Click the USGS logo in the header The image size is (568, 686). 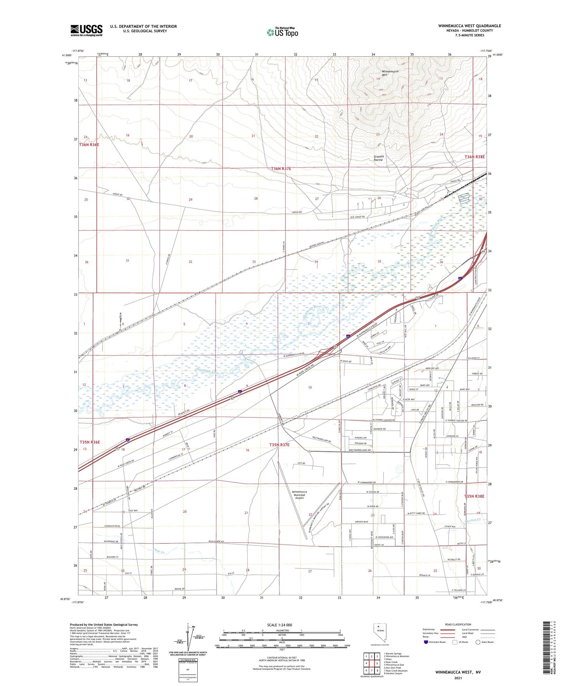pos(86,30)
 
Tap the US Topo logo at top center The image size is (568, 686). pos(282,32)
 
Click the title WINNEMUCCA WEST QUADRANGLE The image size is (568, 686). pos(470,26)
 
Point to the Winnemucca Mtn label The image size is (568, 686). pos(390,73)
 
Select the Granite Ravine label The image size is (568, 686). pos(379,158)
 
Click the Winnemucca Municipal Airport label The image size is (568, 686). pos(300,495)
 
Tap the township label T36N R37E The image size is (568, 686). pos(281,169)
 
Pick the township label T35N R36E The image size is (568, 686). pos(90,442)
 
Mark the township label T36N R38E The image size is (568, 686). pos(474,157)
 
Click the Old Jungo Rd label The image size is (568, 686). pos(357,217)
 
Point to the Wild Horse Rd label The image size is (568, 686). pos(216,541)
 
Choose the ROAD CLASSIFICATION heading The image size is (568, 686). pos(458,624)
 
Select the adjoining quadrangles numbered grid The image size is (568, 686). pos(372,663)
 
